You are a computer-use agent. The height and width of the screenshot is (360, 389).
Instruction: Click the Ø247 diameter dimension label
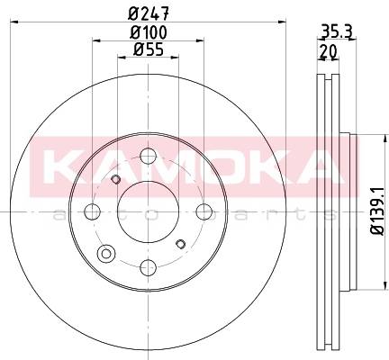click(x=149, y=13)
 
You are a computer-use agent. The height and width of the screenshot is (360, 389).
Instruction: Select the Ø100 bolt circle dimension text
click(x=149, y=32)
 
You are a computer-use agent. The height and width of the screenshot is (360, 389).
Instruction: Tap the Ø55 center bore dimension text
click(x=149, y=49)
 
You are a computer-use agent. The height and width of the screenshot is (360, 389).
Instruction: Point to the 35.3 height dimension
click(x=337, y=31)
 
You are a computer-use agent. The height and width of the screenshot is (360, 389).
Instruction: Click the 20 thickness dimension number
click(x=329, y=51)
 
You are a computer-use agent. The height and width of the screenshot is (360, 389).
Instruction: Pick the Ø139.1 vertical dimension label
click(x=377, y=211)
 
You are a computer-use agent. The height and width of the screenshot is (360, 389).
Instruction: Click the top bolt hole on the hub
click(x=149, y=156)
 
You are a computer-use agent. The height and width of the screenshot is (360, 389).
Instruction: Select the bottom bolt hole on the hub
click(x=149, y=267)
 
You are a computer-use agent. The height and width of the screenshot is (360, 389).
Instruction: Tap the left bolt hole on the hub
click(x=92, y=211)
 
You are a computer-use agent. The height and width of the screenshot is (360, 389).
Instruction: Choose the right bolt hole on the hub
click(x=204, y=211)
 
